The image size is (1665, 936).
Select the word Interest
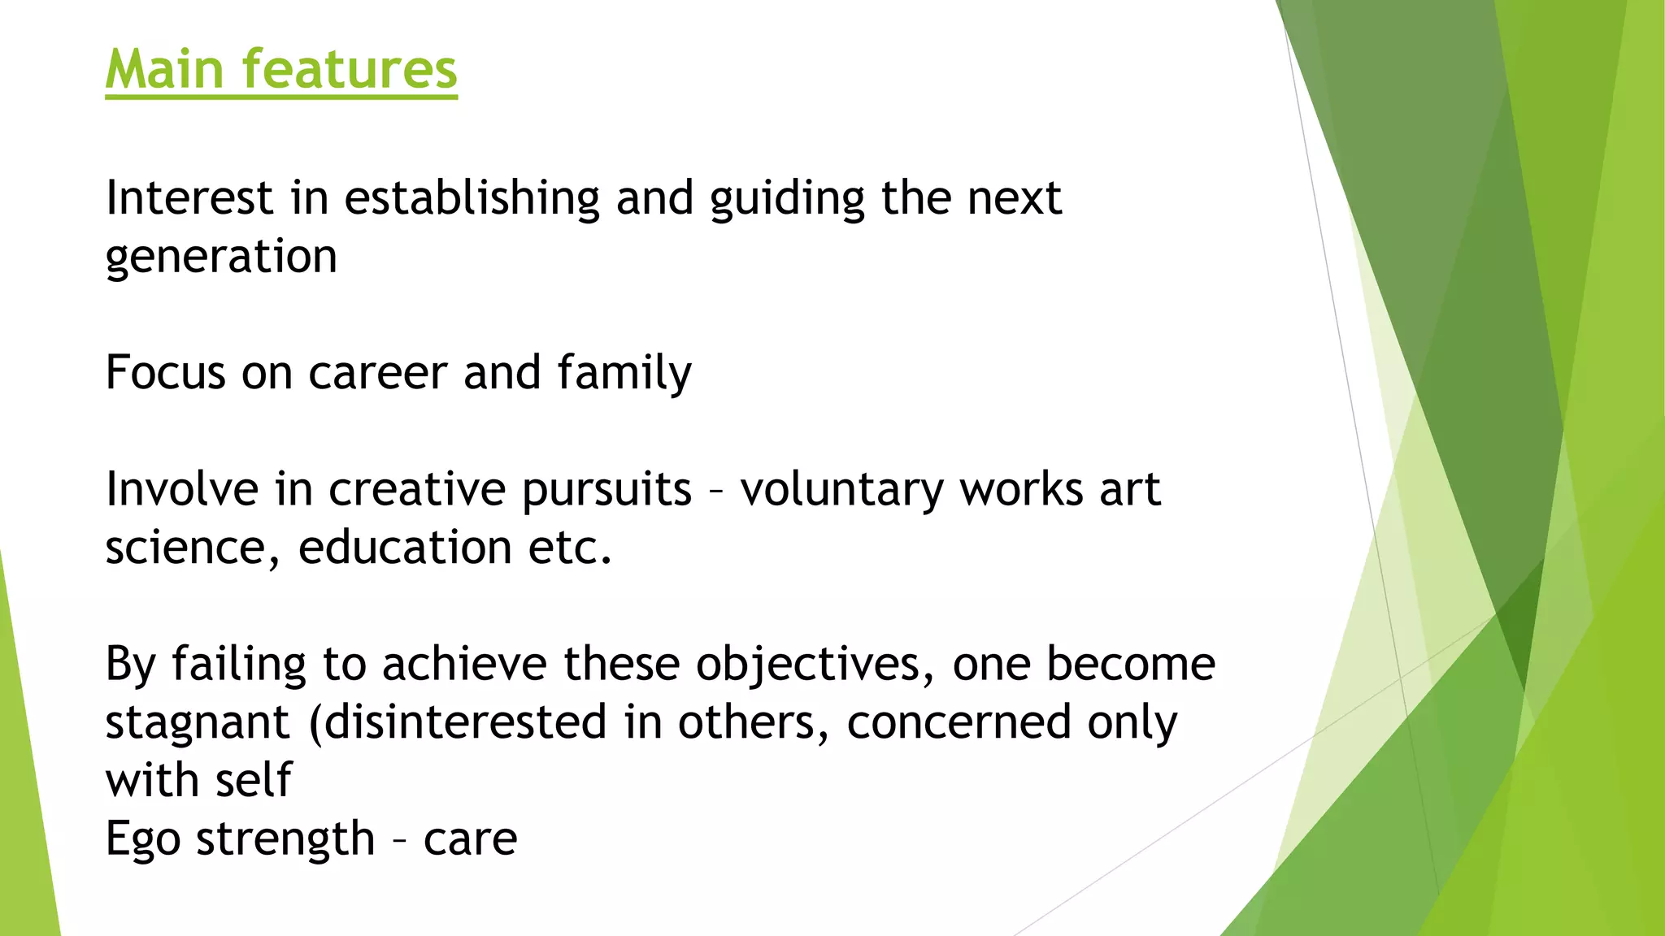189,198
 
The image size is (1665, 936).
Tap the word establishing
472,198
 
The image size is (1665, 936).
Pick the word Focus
165,373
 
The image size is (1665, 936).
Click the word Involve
181,490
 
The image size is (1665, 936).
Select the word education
405,548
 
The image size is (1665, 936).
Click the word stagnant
198,723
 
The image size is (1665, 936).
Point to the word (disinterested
458,723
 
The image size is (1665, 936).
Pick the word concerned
959,723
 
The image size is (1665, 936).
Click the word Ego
142,840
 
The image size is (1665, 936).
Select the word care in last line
470,840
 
